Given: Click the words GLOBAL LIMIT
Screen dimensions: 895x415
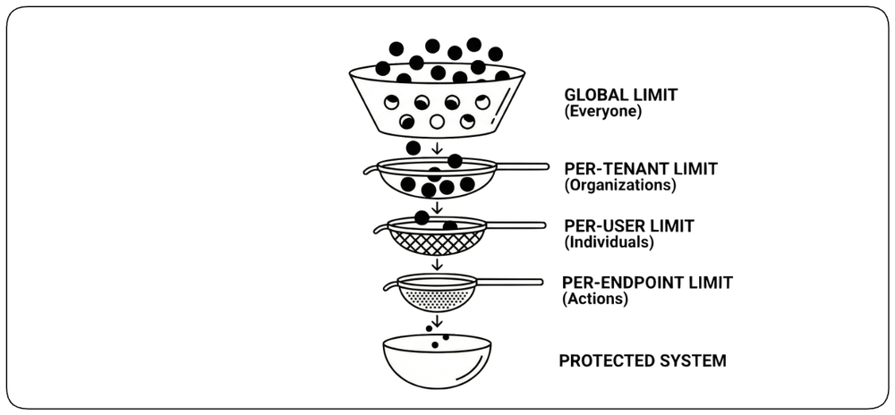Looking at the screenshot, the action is pyautogui.click(x=620, y=95).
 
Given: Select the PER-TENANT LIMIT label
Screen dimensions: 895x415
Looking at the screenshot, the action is pyautogui.click(x=641, y=169).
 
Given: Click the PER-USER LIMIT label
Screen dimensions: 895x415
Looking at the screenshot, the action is pyautogui.click(x=629, y=226).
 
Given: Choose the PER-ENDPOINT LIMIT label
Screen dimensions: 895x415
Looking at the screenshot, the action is pyautogui.click(x=648, y=282).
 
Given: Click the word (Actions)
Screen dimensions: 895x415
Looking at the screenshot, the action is pyautogui.click(x=595, y=298).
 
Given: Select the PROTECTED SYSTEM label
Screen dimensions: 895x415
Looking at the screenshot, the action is pyautogui.click(x=642, y=360).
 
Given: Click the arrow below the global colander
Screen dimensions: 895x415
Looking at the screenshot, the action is pyautogui.click(x=438, y=148).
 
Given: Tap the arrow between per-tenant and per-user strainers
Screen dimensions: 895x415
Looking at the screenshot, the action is pyautogui.click(x=438, y=207).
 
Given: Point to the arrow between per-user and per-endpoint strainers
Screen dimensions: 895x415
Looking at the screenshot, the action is pyautogui.click(x=438, y=264).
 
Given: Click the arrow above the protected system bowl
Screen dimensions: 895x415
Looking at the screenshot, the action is pyautogui.click(x=438, y=321).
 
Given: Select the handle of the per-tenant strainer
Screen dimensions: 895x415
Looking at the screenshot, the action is pyautogui.click(x=523, y=166).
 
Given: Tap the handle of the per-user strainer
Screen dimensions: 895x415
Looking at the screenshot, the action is pyautogui.click(x=516, y=225).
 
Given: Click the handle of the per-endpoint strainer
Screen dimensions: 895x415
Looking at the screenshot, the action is pyautogui.click(x=509, y=282).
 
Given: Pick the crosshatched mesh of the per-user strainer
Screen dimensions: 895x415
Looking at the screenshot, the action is pyautogui.click(x=437, y=242).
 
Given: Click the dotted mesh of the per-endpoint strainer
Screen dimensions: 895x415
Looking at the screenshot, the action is pyautogui.click(x=437, y=298).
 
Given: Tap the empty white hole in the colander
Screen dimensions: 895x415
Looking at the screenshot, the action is pyautogui.click(x=438, y=122).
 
